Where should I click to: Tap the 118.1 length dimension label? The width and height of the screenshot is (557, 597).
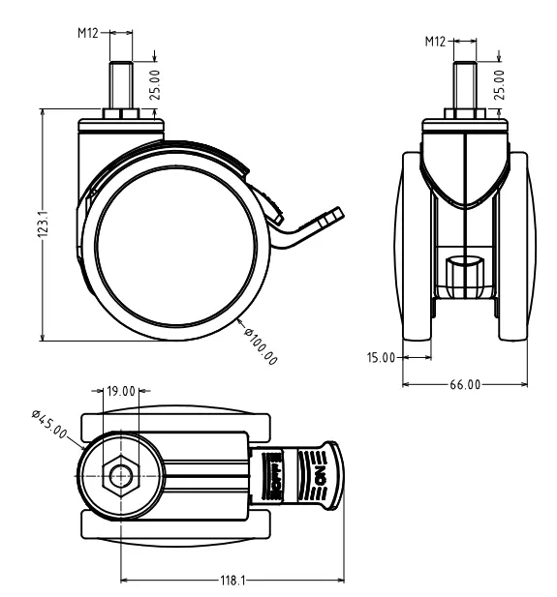tap(231, 581)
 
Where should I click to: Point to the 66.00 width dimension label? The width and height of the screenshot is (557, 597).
tap(465, 385)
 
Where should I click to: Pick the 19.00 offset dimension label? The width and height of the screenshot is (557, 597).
tap(120, 392)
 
